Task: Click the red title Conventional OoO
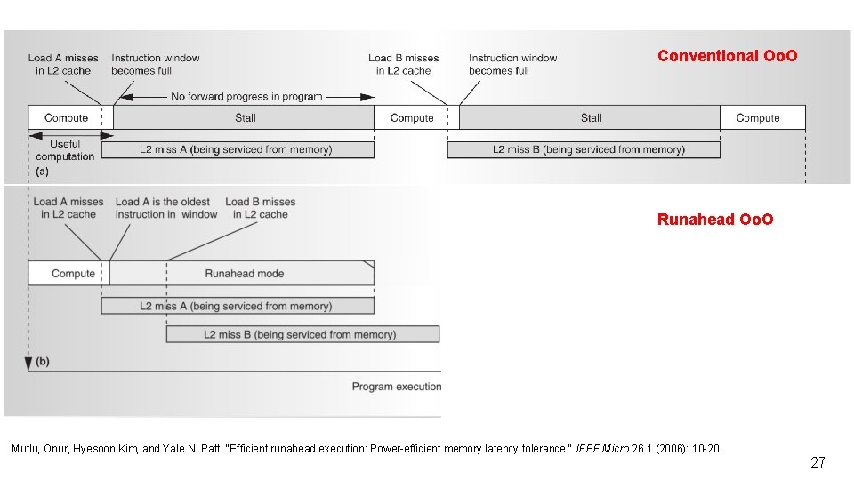pyautogui.click(x=727, y=55)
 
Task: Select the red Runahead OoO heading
pyautogui.click(x=715, y=220)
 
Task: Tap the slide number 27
pyautogui.click(x=818, y=462)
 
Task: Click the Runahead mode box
pyautogui.click(x=242, y=273)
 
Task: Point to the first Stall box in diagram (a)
pyautogui.click(x=244, y=117)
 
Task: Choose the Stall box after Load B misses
pyautogui.click(x=590, y=117)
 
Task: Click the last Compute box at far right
pyautogui.click(x=762, y=117)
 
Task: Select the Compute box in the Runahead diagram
pyautogui.click(x=68, y=273)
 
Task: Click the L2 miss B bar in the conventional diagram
pyautogui.click(x=584, y=149)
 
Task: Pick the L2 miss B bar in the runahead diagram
pyautogui.click(x=302, y=334)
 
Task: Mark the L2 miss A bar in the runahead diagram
pyautogui.click(x=238, y=306)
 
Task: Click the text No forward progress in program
pyautogui.click(x=246, y=97)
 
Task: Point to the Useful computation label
pyautogui.click(x=65, y=150)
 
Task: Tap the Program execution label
pyautogui.click(x=397, y=387)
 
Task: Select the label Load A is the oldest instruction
pyautogui.click(x=166, y=208)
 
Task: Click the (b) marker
pyautogui.click(x=43, y=362)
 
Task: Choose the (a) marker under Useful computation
pyautogui.click(x=43, y=172)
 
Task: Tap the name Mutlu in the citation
pyautogui.click(x=24, y=449)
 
